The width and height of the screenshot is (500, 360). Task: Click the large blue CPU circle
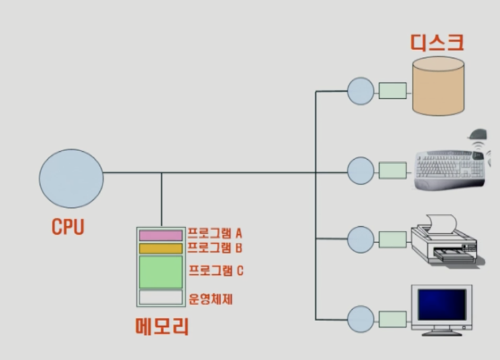(71, 178)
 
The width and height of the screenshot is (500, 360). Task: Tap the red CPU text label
(68, 227)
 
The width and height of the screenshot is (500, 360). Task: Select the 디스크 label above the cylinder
(437, 42)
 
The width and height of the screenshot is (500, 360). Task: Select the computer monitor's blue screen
(442, 305)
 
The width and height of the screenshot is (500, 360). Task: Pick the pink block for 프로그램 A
(161, 235)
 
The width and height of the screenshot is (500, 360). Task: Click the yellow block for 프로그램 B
(161, 248)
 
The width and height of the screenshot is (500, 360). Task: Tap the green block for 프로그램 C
(161, 272)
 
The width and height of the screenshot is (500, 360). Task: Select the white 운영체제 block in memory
(161, 297)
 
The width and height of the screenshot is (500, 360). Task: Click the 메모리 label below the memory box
(162, 327)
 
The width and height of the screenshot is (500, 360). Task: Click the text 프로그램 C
(216, 271)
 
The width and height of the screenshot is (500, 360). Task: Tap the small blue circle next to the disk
(361, 91)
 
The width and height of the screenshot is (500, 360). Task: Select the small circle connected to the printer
(361, 239)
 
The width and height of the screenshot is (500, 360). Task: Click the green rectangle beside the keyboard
(392, 170)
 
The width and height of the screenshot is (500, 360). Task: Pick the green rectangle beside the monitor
(392, 319)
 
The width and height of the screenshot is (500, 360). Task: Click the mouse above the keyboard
(479, 134)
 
